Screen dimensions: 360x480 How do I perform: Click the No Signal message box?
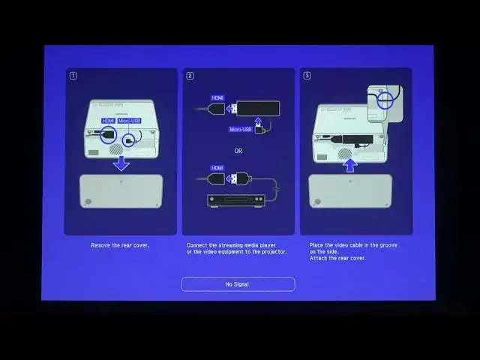coord(238,284)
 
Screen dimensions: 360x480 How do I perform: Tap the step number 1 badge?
coord(73,75)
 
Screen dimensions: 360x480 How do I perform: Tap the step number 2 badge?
coord(190,75)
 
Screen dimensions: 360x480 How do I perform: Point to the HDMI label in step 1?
coord(109,121)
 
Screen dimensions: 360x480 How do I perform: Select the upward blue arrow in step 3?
coord(349,164)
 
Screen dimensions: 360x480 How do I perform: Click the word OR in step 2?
coord(237,150)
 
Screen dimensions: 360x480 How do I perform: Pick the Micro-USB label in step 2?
coord(244,129)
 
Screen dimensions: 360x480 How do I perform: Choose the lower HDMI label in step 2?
coord(217,168)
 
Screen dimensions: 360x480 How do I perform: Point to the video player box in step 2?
coord(237,201)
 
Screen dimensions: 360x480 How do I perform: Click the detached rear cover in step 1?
coord(121,191)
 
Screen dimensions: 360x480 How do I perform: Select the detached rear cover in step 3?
coord(349,191)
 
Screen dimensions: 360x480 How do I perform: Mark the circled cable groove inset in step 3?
coord(385,97)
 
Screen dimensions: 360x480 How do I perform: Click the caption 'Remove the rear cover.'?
coord(120,245)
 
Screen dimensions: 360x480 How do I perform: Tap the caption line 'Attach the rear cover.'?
coord(337,258)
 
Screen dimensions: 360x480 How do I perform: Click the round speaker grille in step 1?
coord(115,150)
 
